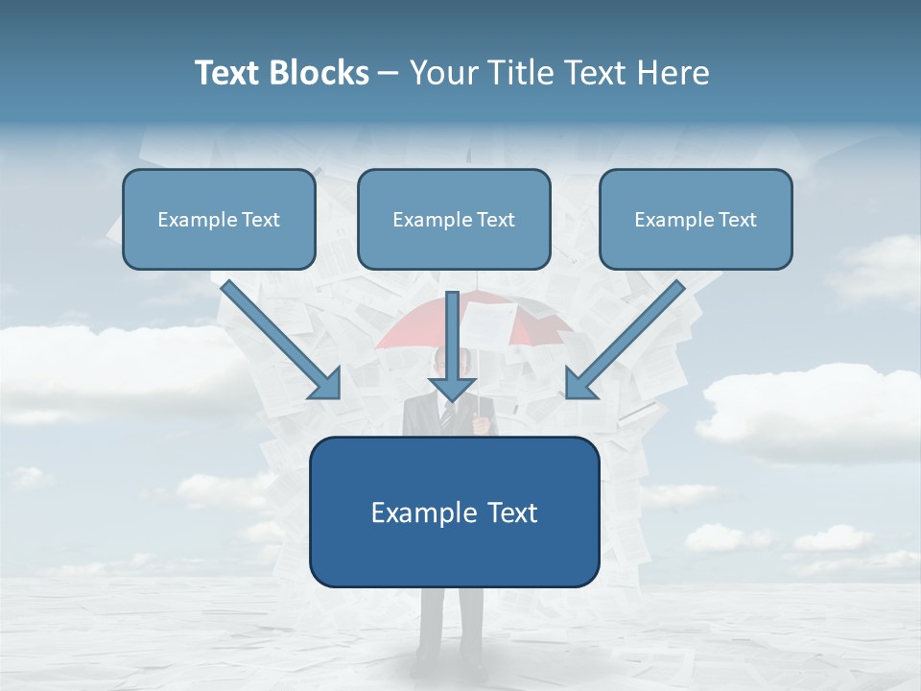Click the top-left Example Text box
pyautogui.click(x=219, y=219)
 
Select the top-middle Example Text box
pyautogui.click(x=454, y=219)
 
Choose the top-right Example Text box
pyautogui.click(x=696, y=219)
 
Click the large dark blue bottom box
pyautogui.click(x=454, y=512)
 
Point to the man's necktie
pyautogui.click(x=445, y=415)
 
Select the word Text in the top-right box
pyautogui.click(x=738, y=220)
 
